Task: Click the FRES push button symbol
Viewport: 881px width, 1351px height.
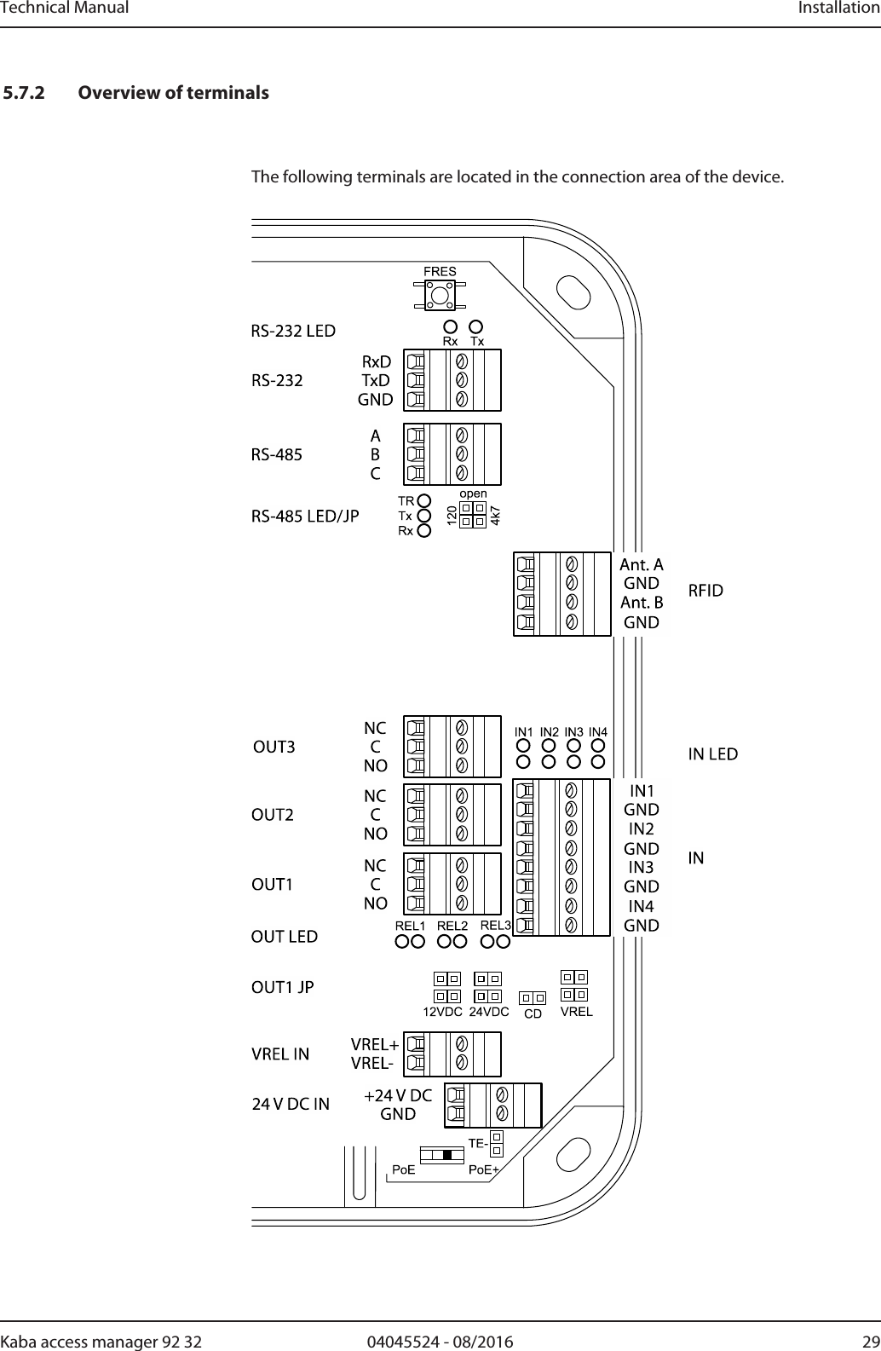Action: tap(440, 295)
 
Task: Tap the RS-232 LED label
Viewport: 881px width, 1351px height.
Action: tap(293, 331)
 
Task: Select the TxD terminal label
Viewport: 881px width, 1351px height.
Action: tap(376, 380)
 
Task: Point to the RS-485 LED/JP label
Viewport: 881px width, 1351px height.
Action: tap(305, 516)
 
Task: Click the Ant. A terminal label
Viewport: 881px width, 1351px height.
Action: tap(642, 565)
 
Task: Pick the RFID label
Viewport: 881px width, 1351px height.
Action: tap(705, 591)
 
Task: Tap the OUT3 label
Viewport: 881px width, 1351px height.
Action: tap(275, 748)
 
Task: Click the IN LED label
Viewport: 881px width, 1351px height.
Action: tap(713, 754)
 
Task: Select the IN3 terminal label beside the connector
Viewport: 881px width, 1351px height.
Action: tap(642, 868)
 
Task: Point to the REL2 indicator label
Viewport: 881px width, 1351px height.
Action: tap(452, 926)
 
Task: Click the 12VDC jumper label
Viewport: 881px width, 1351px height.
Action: tap(443, 1013)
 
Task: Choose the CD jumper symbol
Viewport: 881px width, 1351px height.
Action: tap(533, 997)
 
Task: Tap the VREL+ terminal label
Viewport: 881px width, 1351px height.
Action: tap(375, 1045)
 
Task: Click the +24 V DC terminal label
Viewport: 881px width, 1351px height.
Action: tap(398, 1095)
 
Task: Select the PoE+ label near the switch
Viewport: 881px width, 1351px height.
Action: tap(484, 1170)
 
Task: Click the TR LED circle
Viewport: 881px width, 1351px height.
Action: tap(424, 500)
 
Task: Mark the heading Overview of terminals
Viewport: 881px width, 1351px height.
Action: tap(173, 92)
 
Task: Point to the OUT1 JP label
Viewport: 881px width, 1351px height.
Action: tap(282, 988)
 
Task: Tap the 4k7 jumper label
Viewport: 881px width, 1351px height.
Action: tap(495, 515)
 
